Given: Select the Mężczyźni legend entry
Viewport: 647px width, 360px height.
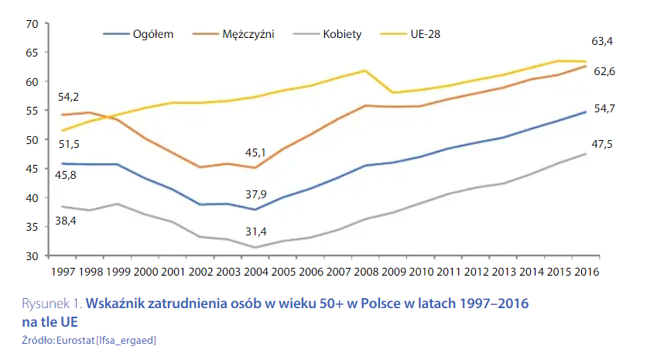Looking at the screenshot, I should coord(248,34).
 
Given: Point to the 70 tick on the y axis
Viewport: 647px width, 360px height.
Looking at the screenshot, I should coord(32,24).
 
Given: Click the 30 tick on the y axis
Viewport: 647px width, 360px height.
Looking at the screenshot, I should coord(32,255).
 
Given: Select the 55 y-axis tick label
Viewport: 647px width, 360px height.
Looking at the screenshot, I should coord(32,111).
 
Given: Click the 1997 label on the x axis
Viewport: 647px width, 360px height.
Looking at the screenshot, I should coord(63,272).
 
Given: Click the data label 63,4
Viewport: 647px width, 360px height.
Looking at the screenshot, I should coord(604,41).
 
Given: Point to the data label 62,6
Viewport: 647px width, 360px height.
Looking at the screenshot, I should coord(604,71).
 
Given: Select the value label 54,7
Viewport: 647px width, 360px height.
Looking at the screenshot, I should coord(604,108).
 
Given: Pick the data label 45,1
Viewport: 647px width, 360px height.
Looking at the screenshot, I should coord(255,153).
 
